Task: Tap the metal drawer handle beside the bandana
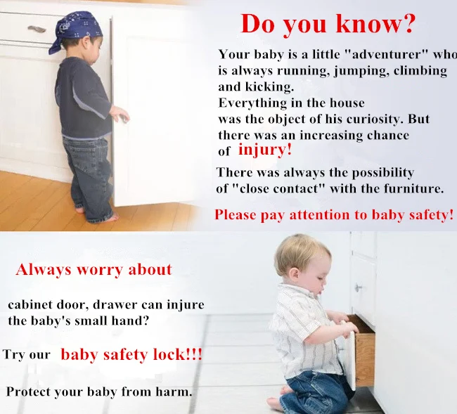[37, 29]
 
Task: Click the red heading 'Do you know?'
[328, 24]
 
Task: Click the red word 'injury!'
[265, 150]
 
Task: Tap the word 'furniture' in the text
[412, 189]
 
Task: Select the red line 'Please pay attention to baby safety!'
[334, 215]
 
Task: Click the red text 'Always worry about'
[94, 269]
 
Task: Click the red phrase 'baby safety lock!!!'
[131, 355]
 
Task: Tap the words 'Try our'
[27, 355]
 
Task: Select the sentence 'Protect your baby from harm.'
[99, 392]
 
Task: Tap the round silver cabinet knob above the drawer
[358, 288]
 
